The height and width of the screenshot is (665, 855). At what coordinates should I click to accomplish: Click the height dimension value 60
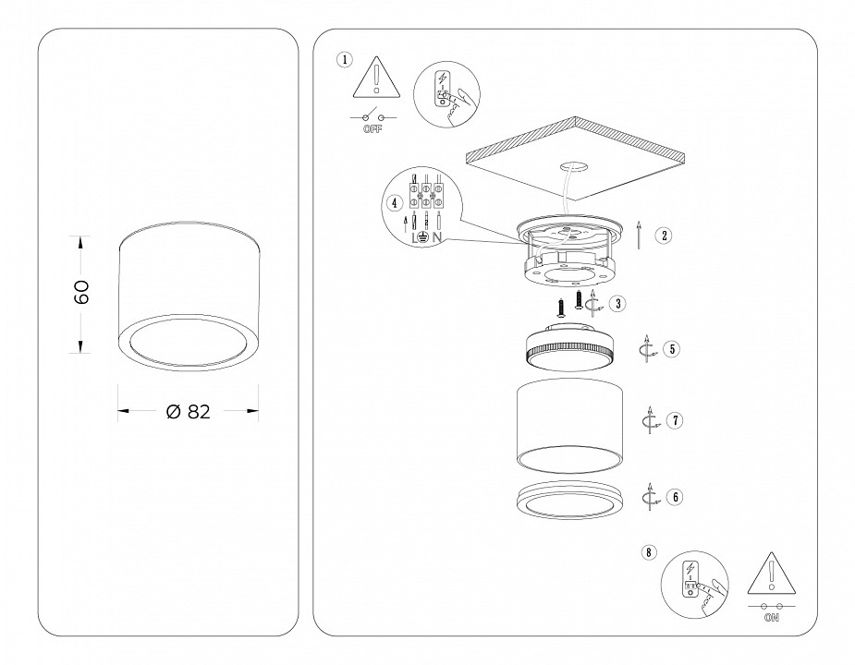(81, 293)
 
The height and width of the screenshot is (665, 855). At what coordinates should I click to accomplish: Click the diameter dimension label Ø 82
(189, 412)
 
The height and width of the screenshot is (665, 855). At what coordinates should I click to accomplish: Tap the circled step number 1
(345, 59)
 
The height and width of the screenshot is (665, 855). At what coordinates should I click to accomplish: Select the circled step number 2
(665, 236)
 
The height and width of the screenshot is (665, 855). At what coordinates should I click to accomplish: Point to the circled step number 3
(617, 304)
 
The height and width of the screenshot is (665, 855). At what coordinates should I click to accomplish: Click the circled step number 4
(395, 203)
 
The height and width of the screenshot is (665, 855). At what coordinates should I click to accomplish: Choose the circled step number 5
(672, 349)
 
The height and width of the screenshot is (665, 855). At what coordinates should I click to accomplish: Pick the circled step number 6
(676, 497)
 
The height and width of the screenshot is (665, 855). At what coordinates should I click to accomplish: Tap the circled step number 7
(675, 421)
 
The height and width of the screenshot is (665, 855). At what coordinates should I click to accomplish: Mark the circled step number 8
(648, 552)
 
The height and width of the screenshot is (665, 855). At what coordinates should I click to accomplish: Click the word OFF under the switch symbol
(373, 129)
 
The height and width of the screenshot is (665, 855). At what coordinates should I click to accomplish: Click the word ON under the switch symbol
(772, 618)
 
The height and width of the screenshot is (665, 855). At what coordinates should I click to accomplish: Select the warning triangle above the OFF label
(376, 79)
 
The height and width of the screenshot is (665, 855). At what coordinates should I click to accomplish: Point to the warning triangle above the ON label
(772, 574)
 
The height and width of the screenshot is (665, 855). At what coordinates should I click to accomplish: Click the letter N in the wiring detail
(437, 237)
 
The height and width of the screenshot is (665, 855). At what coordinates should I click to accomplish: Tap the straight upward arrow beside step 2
(639, 236)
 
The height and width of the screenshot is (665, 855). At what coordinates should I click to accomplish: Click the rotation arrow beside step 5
(648, 349)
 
